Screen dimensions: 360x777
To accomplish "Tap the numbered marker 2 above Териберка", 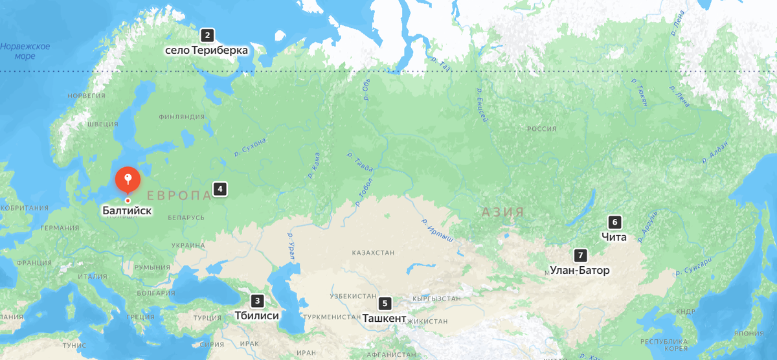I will pos(207,36).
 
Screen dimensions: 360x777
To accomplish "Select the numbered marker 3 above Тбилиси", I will pos(258,300).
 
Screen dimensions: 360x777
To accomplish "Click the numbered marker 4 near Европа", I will pos(220,190).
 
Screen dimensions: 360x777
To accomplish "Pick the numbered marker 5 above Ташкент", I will pos(385,303).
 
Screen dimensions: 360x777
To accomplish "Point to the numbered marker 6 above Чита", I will pos(615,222).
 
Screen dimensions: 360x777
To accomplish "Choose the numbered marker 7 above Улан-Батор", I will pos(580,255).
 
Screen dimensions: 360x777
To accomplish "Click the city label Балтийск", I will pos(128,210).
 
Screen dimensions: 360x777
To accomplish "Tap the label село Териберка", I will pos(207,51).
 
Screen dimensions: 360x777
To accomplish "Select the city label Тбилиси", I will pos(257,316).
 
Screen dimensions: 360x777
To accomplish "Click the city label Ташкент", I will pos(385,319).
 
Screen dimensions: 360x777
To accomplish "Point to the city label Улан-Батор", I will pos(580,271).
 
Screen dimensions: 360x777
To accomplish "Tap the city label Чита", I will pos(614,237).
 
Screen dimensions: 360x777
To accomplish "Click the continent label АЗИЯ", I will pos(502,212).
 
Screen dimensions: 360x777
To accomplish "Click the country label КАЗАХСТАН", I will pos(374,253).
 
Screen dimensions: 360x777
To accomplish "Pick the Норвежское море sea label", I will pos(25,51).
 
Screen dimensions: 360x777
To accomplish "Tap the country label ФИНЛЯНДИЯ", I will pos(181,117).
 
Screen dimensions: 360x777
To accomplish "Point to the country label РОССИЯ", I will pos(541,129).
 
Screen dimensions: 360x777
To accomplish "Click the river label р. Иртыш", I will pos(438,231).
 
